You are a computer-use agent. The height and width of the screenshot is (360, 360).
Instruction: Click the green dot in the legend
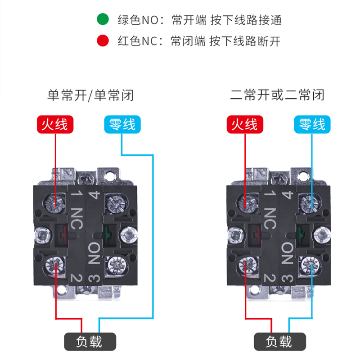pos(103,20)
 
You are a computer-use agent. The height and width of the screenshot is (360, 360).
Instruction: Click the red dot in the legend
pos(103,42)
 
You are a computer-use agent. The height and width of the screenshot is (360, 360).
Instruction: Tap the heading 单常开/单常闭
pos(90,95)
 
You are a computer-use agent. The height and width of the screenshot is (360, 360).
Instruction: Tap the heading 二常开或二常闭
pos(277,95)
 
